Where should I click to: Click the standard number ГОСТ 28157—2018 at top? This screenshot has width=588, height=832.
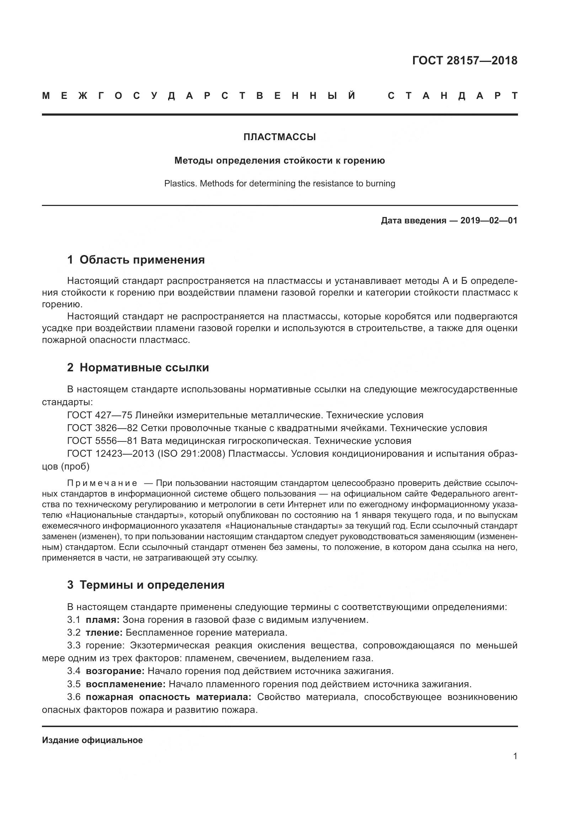click(x=465, y=60)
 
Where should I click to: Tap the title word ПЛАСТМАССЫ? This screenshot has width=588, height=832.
click(x=279, y=137)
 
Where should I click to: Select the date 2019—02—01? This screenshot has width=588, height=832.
click(x=489, y=220)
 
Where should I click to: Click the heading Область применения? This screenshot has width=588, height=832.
click(x=142, y=259)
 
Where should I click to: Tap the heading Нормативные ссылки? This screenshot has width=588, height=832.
click(x=144, y=367)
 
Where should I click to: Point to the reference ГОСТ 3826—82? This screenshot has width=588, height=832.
click(x=102, y=428)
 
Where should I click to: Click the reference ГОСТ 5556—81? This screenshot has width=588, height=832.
click(x=102, y=441)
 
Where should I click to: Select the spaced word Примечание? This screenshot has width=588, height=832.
click(x=102, y=483)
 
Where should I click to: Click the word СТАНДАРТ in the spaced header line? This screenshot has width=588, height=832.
click(x=453, y=96)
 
